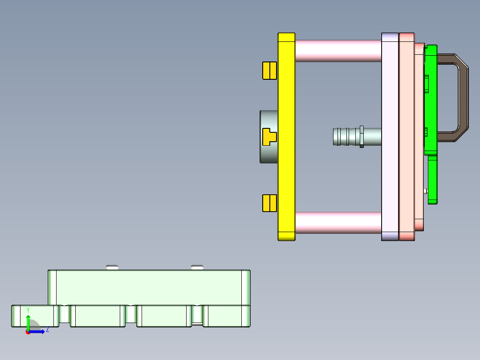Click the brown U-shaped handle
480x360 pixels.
pos(463,98)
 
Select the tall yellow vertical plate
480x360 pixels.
pos(286,178)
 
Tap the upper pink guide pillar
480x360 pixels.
pos(338,51)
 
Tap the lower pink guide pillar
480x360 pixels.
pos(338,222)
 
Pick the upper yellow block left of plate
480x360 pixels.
pos(269,70)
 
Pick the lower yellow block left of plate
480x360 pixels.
pos(269,203)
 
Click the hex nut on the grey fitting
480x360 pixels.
pos(362,137)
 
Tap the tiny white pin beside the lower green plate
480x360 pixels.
pos(426,191)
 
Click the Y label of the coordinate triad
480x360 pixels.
pos(28,310)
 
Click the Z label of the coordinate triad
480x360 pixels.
pos(47,330)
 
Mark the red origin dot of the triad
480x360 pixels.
pos(28,332)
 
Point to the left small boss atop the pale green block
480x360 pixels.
pos(112,267)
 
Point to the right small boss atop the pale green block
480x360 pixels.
pos(197,267)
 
